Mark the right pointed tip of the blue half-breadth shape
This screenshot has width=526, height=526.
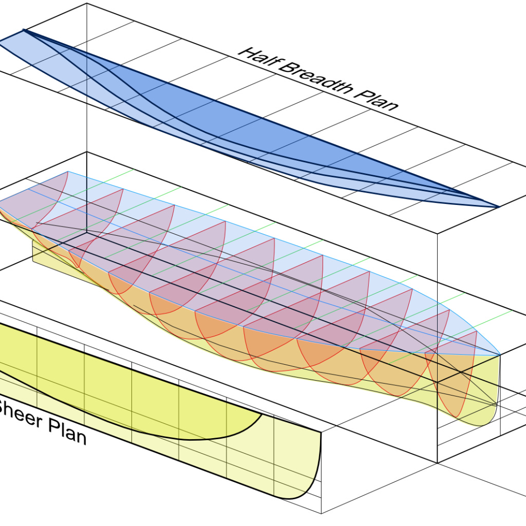[498, 207]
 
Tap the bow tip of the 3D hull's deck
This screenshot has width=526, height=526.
[500, 355]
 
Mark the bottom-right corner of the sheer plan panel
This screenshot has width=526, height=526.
[322, 513]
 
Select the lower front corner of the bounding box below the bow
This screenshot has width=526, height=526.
[437, 463]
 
